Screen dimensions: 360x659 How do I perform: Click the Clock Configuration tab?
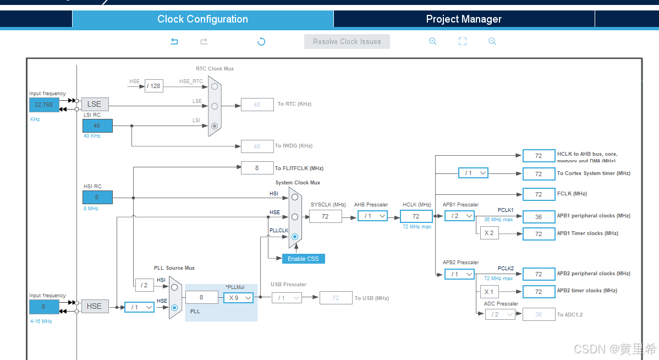point(202,19)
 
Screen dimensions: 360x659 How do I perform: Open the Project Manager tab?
point(464,19)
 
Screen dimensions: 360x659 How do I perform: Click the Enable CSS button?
point(303,259)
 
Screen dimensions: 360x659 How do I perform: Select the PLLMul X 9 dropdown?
point(238,297)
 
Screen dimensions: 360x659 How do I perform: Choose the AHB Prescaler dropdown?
point(372,216)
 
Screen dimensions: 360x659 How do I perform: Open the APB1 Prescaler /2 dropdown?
point(459,216)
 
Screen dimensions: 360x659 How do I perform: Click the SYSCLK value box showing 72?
point(325,216)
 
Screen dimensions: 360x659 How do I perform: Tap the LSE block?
point(95,104)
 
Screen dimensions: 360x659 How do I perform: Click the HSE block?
point(95,306)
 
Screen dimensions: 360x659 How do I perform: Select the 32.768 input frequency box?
point(44,105)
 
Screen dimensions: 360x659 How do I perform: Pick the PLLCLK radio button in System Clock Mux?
point(295,237)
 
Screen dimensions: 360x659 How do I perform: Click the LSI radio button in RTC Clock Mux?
point(215,126)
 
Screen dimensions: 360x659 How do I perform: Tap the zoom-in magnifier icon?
point(433,41)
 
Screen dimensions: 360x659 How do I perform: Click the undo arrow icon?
point(174,41)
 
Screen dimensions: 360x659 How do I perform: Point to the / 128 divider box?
point(154,86)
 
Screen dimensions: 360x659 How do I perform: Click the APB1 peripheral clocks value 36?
point(539,216)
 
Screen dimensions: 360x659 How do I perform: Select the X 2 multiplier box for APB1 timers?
point(488,233)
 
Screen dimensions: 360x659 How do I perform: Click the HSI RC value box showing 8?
point(97,197)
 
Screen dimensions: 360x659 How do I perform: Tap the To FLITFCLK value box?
point(257,168)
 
